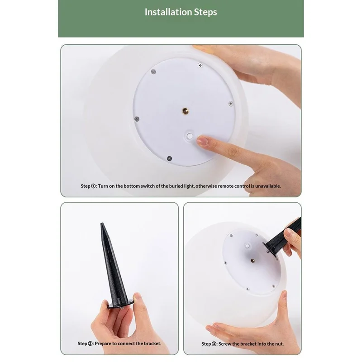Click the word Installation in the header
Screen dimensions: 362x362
pos(165,12)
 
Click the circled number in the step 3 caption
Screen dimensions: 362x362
pos(214,344)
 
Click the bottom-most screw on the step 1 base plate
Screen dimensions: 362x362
pos(169,158)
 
